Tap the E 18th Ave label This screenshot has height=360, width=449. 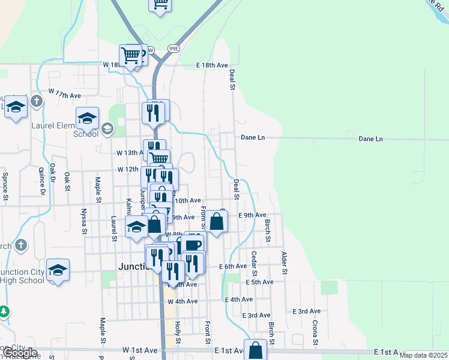coord(212,65)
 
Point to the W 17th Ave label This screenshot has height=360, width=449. coord(65,95)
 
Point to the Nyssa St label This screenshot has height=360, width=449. coord(83,215)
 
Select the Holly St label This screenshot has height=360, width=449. coord(178,328)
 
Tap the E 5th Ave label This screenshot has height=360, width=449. coord(259,282)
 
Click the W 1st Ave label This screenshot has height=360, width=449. coord(139,349)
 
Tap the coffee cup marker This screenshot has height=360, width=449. coord(193,245)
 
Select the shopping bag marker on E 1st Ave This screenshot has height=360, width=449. coord(255,350)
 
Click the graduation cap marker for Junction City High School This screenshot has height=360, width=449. coord(58,271)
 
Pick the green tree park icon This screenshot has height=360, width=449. coord(4,312)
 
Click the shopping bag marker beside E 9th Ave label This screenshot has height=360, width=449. coord(217,221)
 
